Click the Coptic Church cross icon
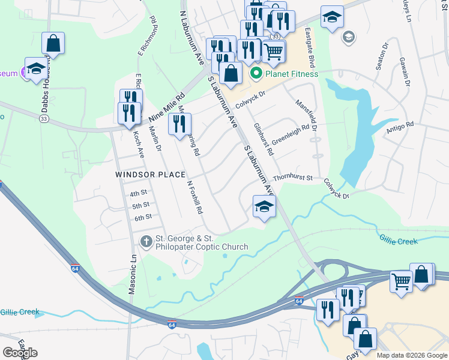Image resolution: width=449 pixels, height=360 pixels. pyautogui.click(x=146, y=242)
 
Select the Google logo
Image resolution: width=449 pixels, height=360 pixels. pyautogui.click(x=20, y=352)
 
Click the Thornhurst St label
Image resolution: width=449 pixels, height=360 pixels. pyautogui.click(x=294, y=178)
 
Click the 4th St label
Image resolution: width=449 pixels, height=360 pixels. pyautogui.click(x=139, y=193)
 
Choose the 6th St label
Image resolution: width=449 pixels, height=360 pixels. pyautogui.click(x=143, y=217)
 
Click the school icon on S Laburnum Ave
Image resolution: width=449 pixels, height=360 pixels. pyautogui.click(x=263, y=207)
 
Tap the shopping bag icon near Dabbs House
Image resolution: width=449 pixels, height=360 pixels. pyautogui.click(x=53, y=43)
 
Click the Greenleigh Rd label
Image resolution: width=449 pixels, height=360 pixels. pyautogui.click(x=291, y=134)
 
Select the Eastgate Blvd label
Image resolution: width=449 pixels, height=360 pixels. pyautogui.click(x=310, y=47)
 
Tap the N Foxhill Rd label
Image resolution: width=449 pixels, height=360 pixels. pyautogui.click(x=195, y=198)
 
